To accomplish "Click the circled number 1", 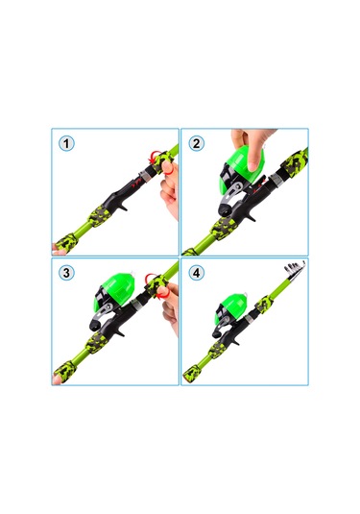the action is pos(66,143).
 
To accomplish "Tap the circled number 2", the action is pos(196,143).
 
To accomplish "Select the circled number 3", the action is pos(66,273).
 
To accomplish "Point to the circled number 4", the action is pos(196,273).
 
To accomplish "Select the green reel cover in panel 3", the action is pos(114,292).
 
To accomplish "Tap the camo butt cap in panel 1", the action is pos(66,242).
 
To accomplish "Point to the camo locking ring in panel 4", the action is pos(264,305).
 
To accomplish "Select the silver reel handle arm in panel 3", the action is pos(102,312).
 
